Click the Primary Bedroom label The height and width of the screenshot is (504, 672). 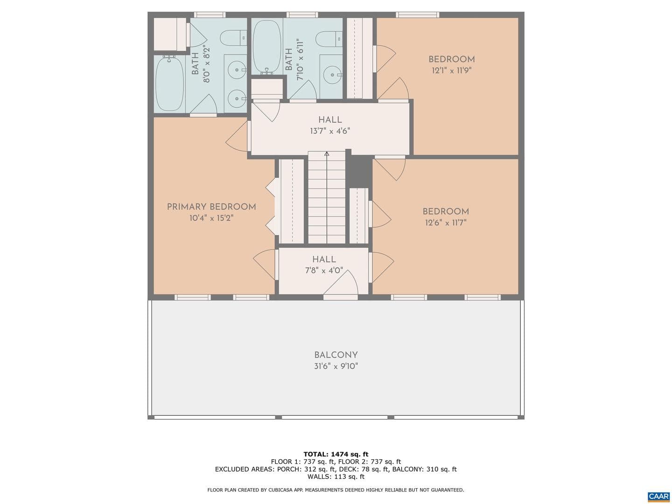click(x=211, y=207)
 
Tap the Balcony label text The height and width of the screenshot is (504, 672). click(x=336, y=355)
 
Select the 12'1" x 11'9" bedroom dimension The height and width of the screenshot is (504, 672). click(x=451, y=70)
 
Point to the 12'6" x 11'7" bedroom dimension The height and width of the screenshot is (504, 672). click(x=446, y=223)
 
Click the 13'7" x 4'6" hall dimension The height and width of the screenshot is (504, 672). click(x=330, y=131)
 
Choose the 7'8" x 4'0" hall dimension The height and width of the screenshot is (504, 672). click(x=323, y=271)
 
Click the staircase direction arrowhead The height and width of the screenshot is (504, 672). click(x=327, y=154)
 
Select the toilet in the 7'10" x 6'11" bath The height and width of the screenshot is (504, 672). click(x=329, y=38)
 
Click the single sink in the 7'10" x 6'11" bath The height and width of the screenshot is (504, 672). click(x=332, y=75)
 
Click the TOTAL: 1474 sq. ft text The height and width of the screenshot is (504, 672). click(x=336, y=454)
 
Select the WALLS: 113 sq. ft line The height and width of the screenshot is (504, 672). click(x=336, y=476)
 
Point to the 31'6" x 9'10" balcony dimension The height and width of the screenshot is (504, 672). click(x=336, y=366)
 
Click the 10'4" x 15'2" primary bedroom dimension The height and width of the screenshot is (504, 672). click(x=211, y=218)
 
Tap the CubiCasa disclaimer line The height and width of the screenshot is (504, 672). click(x=336, y=490)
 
